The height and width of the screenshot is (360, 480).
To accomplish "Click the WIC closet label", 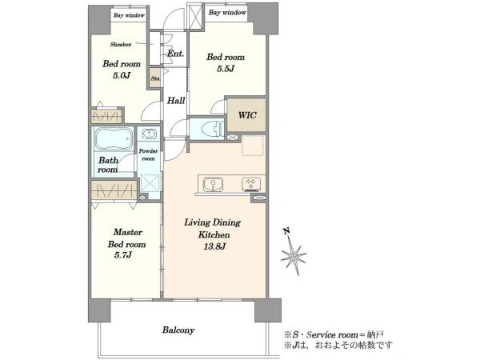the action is pyautogui.click(x=247, y=115).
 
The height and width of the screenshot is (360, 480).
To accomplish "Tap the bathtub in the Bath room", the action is pyautogui.click(x=114, y=139).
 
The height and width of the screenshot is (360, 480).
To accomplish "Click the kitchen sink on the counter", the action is pyautogui.click(x=213, y=185).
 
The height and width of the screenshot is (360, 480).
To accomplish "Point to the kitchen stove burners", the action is pyautogui.click(x=252, y=184).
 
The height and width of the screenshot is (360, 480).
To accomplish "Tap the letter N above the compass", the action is pyautogui.click(x=287, y=231).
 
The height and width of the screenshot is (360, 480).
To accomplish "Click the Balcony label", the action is pyautogui.click(x=178, y=330).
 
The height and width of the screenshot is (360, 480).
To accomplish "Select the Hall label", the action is pyautogui.click(x=176, y=101).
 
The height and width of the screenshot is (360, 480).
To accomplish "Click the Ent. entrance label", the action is pyautogui.click(x=176, y=54).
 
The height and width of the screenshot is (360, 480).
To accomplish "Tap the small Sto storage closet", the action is pyautogui.click(x=155, y=78).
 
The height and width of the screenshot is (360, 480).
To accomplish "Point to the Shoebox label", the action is pyautogui.click(x=121, y=44).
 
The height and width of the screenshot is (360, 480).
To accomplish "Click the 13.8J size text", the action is pyautogui.click(x=214, y=246).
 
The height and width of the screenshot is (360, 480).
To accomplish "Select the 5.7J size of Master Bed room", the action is pyautogui.click(x=122, y=254).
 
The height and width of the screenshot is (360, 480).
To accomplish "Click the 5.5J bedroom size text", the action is pyautogui.click(x=226, y=69).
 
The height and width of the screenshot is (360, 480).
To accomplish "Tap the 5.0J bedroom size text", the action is pyautogui.click(x=122, y=75).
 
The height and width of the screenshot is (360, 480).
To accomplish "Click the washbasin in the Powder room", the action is pyautogui.click(x=149, y=134).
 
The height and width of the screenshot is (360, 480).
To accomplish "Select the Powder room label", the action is pyautogui.click(x=149, y=154).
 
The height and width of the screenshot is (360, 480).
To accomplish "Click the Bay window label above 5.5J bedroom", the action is pyautogui.click(x=227, y=13).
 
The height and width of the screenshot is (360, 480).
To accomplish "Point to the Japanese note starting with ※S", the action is pyautogui.click(x=334, y=334).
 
